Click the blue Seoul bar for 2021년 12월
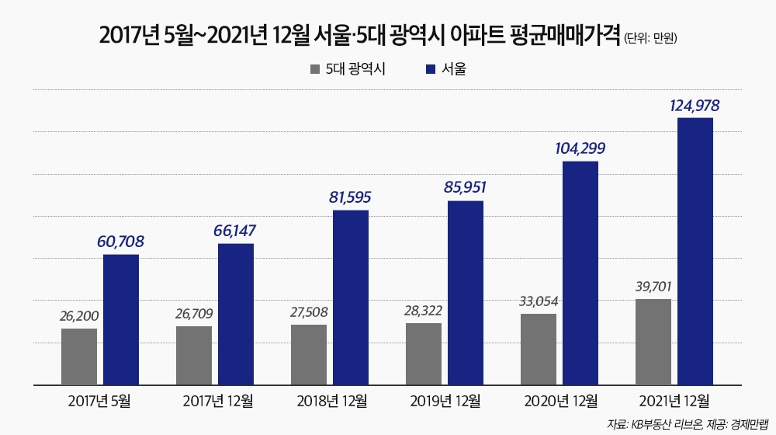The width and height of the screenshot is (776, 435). coord(695,251)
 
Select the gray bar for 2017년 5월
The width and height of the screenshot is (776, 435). coord(79,356)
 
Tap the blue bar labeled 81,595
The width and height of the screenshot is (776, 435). coord(351,297)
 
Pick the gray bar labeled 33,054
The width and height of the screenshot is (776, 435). coord(539,349)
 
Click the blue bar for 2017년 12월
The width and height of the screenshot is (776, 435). coord(236,314)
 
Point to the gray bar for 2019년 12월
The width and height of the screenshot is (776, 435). coord(424,353)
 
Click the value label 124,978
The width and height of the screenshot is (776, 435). coord(695,105)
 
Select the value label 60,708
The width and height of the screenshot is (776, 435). coord(121,242)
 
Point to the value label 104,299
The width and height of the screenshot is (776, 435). coord(580,148)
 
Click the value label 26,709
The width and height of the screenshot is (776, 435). coord(194,314)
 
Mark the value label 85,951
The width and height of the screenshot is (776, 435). coord(466,188)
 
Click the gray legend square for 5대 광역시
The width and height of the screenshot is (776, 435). coord(314,69)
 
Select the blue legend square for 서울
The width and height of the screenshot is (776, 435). coord(431,69)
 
